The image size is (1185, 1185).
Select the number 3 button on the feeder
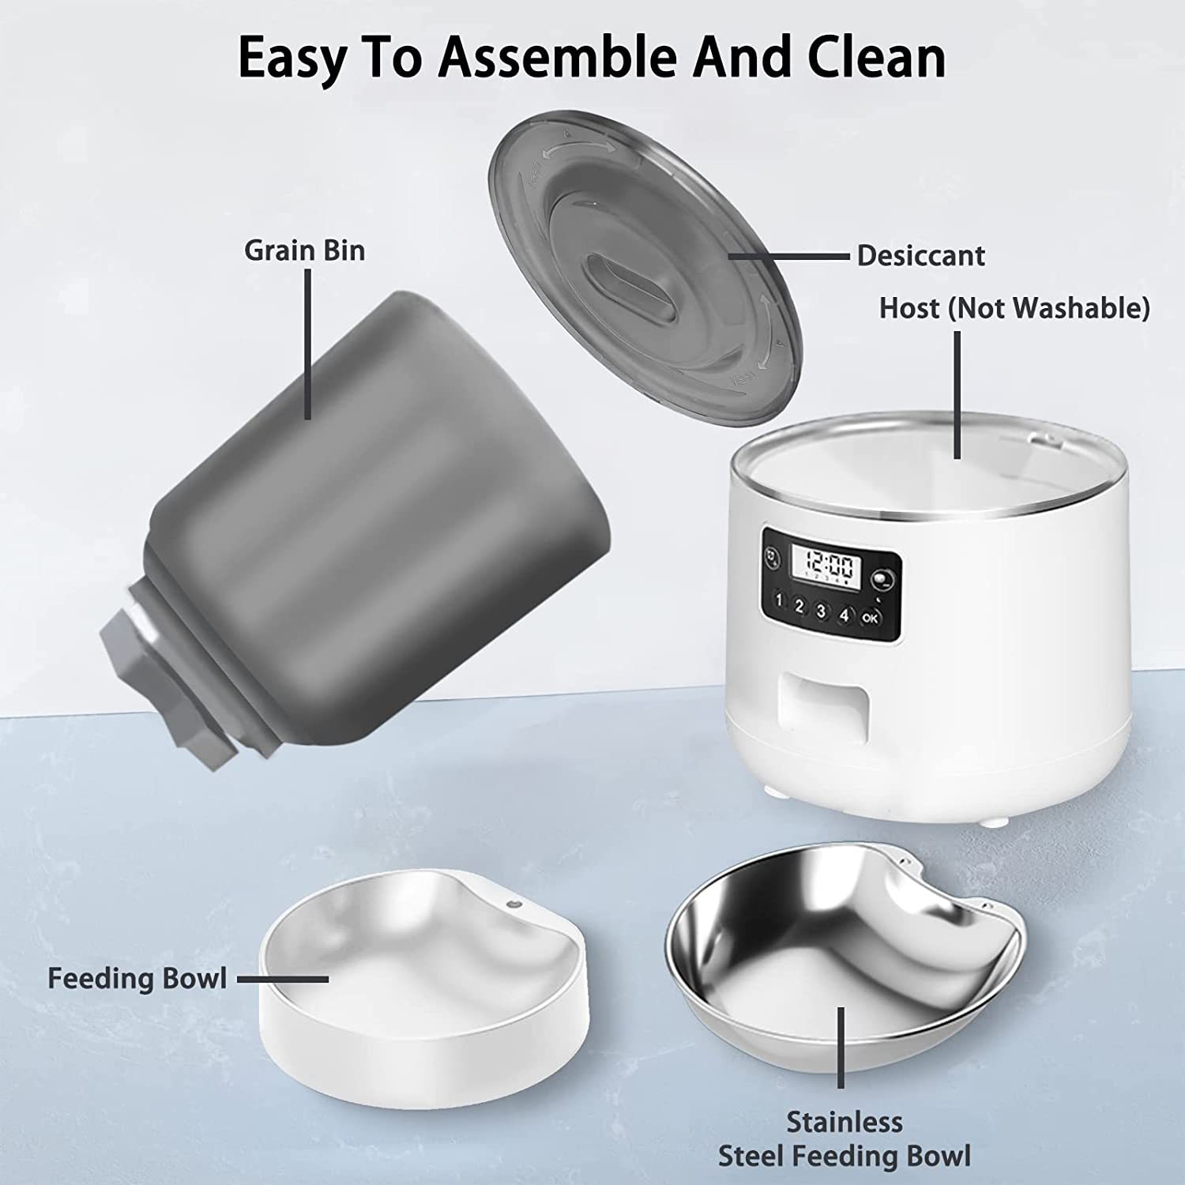[x=822, y=611]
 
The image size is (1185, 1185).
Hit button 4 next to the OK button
[x=845, y=615]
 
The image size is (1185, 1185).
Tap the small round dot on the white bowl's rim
[x=516, y=904]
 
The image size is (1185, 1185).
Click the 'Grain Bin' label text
[x=304, y=250]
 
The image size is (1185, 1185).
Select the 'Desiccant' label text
[x=920, y=256]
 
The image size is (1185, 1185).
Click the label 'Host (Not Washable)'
[x=1014, y=308]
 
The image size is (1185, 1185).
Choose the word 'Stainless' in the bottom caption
[x=844, y=1122]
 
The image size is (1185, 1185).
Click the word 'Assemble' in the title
[x=555, y=57]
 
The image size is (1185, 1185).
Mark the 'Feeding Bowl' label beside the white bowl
[x=137, y=978]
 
